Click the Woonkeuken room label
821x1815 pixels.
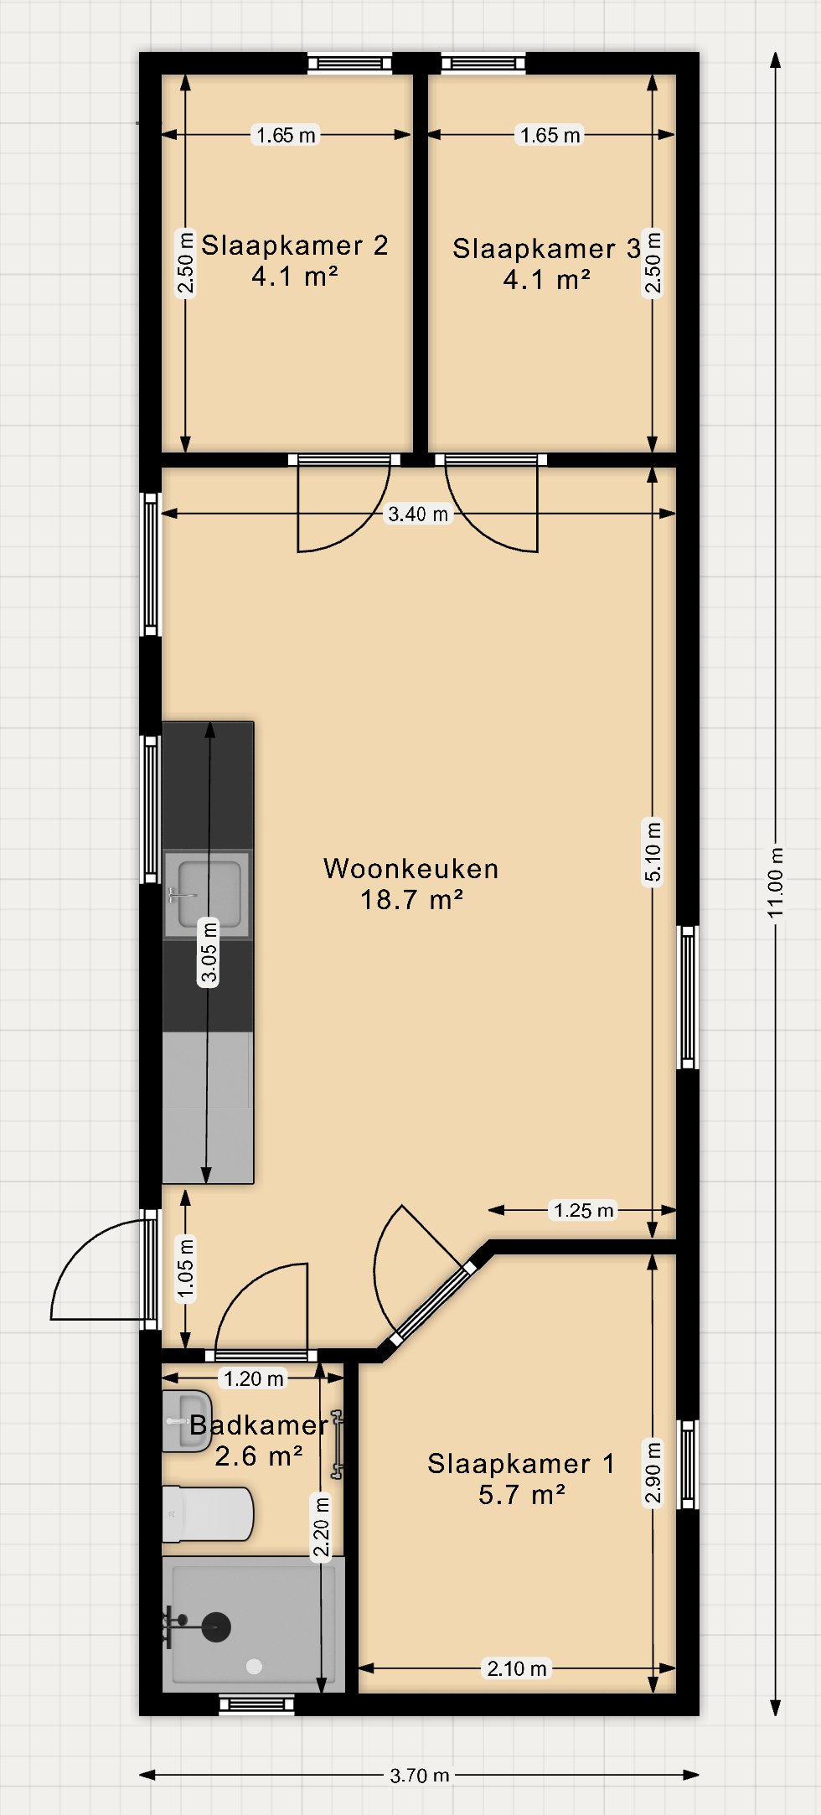pyautogui.click(x=410, y=869)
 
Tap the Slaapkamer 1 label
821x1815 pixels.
pyautogui.click(x=521, y=1464)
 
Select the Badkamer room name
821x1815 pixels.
pyautogui.click(x=259, y=1425)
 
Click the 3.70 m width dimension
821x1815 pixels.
pyautogui.click(x=420, y=1775)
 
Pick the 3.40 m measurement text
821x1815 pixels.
pyautogui.click(x=418, y=514)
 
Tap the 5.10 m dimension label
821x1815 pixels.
pyautogui.click(x=653, y=851)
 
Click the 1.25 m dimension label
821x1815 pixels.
pyautogui.click(x=584, y=1210)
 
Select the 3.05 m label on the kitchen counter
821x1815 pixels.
pyautogui.click(x=209, y=952)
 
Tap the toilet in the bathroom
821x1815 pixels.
pyautogui.click(x=207, y=1514)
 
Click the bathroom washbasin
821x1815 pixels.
pyautogui.click(x=186, y=1422)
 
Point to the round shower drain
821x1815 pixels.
pyautogui.click(x=255, y=1667)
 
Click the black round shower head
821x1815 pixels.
pyautogui.click(x=216, y=1627)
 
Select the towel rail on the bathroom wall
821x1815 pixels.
pyautogui.click(x=337, y=1444)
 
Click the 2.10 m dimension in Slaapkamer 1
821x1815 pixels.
pyautogui.click(x=517, y=1668)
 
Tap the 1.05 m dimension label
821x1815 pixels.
pyautogui.click(x=185, y=1269)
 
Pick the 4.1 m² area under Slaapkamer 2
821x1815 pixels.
pyautogui.click(x=295, y=277)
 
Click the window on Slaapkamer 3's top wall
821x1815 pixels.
pyautogui.click(x=483, y=63)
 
